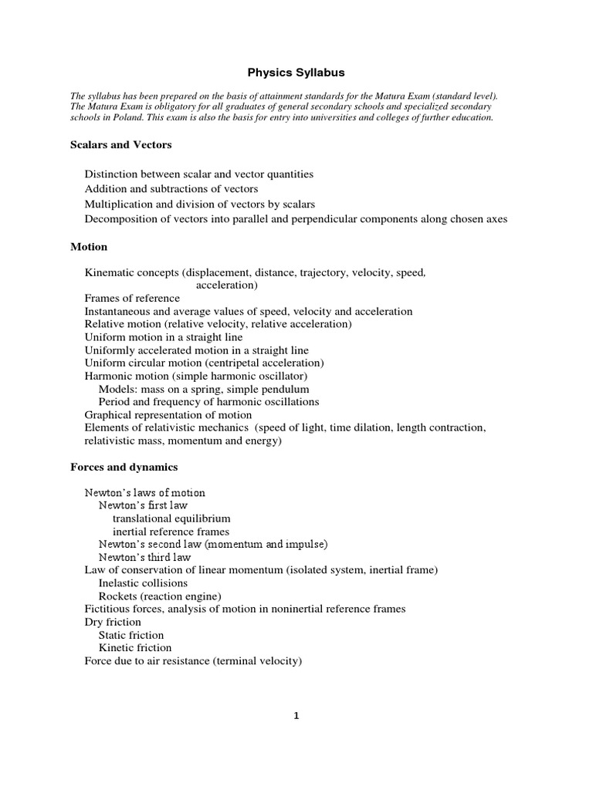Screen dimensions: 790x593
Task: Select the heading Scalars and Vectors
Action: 120,144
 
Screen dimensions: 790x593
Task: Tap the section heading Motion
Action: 89,247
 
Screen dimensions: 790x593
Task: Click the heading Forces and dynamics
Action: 124,467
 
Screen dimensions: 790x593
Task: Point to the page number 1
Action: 296,715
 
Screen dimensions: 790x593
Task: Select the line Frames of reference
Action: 132,298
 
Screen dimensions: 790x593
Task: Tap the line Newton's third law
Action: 144,557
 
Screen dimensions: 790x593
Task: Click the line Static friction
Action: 131,635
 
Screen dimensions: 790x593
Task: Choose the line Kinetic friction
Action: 135,648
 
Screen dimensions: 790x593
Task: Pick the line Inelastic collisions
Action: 143,583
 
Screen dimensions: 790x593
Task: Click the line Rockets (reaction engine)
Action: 160,596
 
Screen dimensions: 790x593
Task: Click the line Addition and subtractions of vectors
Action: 171,189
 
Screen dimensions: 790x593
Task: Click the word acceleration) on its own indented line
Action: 227,285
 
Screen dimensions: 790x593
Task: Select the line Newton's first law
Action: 144,505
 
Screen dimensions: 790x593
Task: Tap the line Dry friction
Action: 113,622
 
